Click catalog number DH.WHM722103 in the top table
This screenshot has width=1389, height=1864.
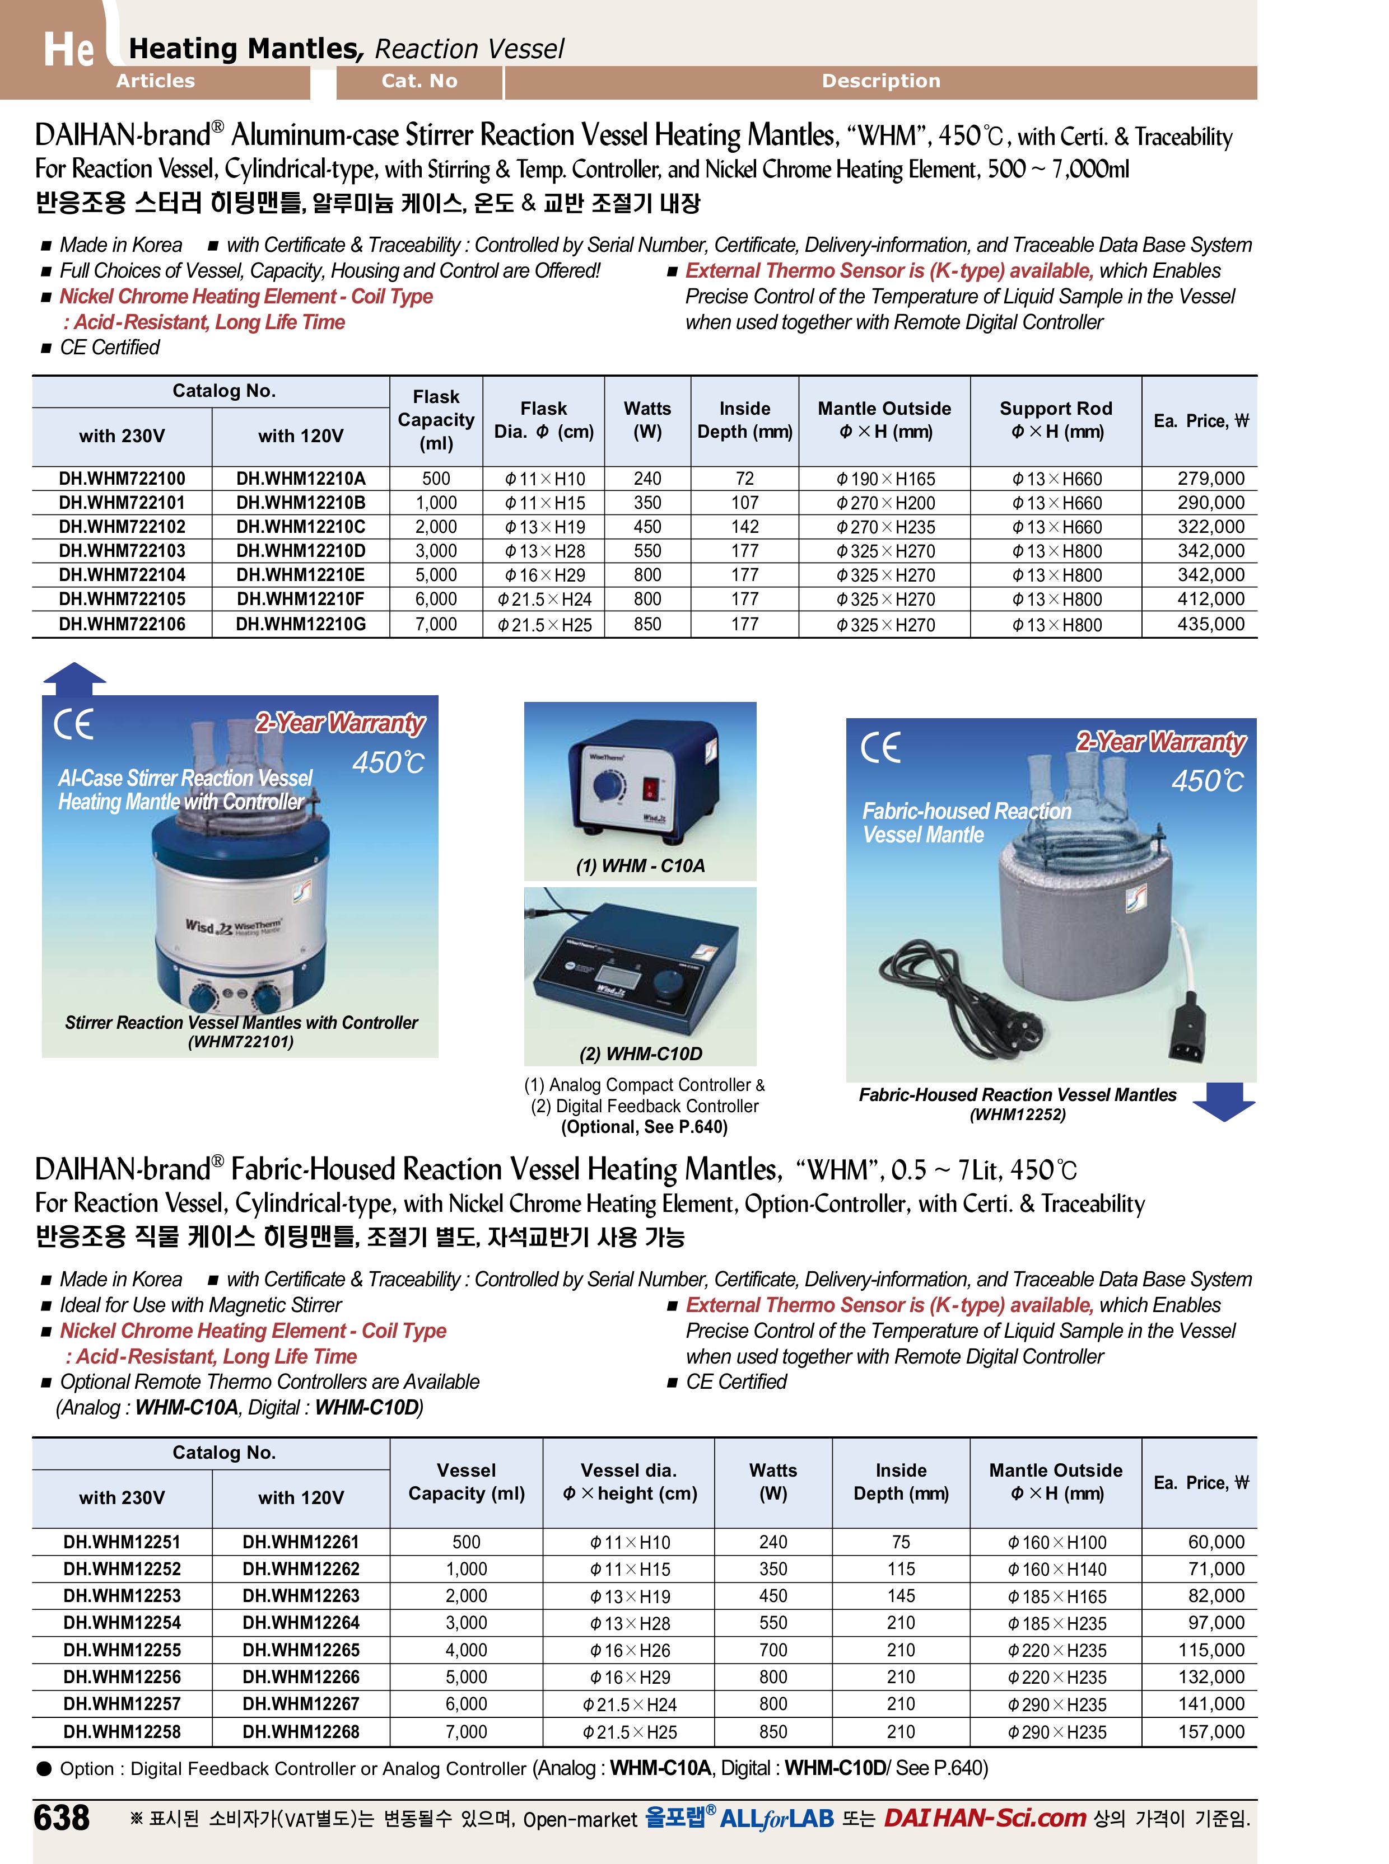coord(122,551)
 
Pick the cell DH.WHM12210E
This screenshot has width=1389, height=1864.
coord(301,575)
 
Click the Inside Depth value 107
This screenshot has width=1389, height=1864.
coord(744,503)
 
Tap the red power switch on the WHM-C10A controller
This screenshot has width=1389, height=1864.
coord(650,788)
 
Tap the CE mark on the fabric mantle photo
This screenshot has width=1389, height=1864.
coord(880,747)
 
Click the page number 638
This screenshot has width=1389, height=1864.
coord(62,1818)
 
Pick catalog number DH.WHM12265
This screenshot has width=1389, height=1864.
coord(301,1650)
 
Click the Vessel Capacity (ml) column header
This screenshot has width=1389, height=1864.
coord(467,1482)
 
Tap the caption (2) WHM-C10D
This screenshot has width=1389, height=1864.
coord(641,1054)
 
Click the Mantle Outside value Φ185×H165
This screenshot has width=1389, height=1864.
coord(1057,1596)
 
